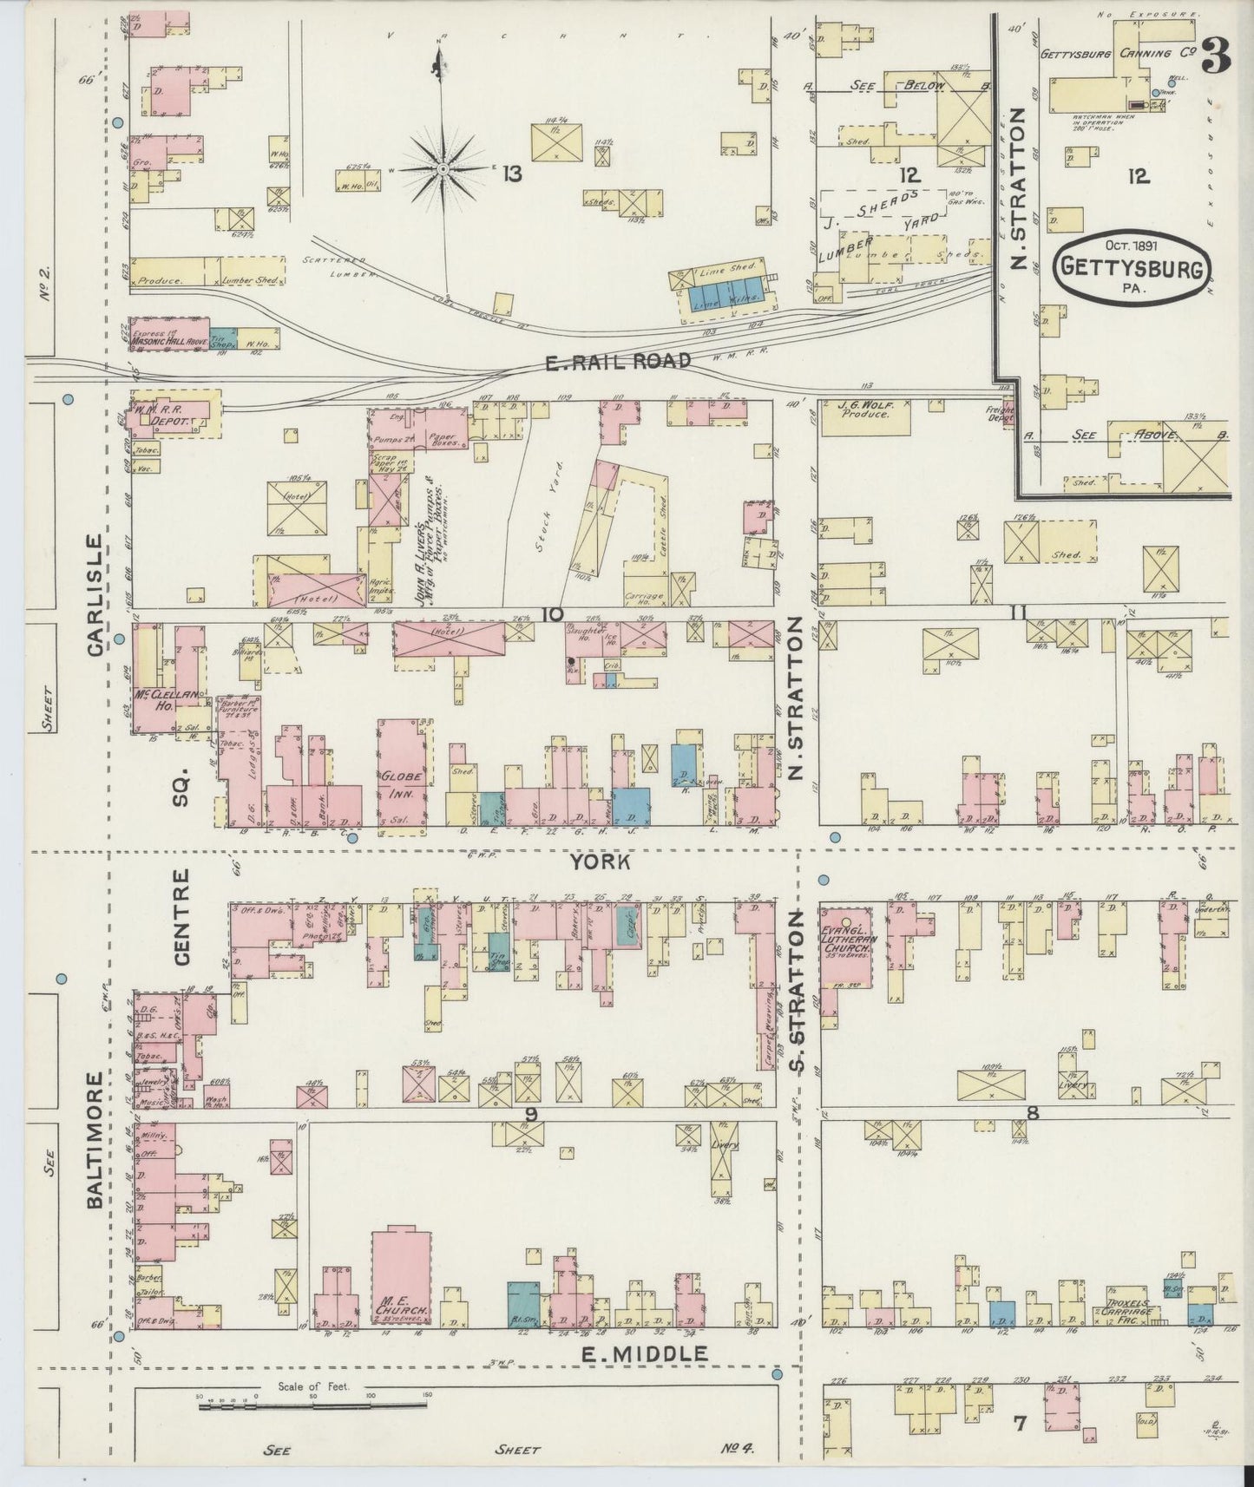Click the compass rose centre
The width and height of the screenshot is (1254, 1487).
pyautogui.click(x=443, y=167)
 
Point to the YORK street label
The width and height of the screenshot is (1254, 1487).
pyautogui.click(x=599, y=861)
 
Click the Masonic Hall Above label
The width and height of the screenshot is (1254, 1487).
pyautogui.click(x=168, y=342)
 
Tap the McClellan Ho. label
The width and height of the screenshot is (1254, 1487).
pyautogui.click(x=165, y=698)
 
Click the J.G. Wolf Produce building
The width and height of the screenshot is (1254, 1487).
pyautogui.click(x=862, y=416)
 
